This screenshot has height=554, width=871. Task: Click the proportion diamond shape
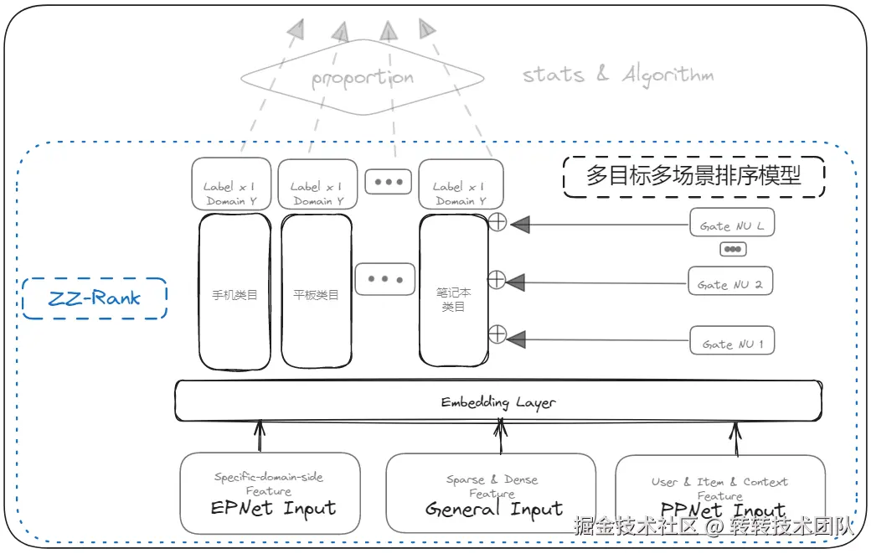click(362, 79)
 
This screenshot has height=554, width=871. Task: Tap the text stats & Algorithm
click(618, 75)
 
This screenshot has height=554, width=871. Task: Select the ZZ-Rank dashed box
click(94, 298)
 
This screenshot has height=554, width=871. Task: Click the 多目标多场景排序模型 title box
click(693, 176)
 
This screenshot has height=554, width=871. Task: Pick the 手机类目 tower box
click(234, 292)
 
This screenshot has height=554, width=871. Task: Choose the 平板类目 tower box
click(316, 292)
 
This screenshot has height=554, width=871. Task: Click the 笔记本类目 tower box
click(453, 292)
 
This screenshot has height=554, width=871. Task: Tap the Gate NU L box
click(731, 226)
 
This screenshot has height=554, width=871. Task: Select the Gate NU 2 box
click(729, 282)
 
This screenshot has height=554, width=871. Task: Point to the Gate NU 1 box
click(731, 342)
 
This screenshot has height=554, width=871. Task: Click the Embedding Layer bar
click(497, 401)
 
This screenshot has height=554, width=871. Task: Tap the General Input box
click(491, 495)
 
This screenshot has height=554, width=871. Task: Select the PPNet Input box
click(720, 495)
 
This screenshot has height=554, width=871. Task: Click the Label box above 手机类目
click(229, 184)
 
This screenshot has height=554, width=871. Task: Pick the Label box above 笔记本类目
click(461, 184)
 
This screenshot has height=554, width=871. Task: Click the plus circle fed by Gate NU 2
click(497, 280)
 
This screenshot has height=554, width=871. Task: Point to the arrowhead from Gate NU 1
click(517, 339)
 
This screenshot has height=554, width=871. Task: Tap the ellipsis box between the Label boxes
click(388, 181)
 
